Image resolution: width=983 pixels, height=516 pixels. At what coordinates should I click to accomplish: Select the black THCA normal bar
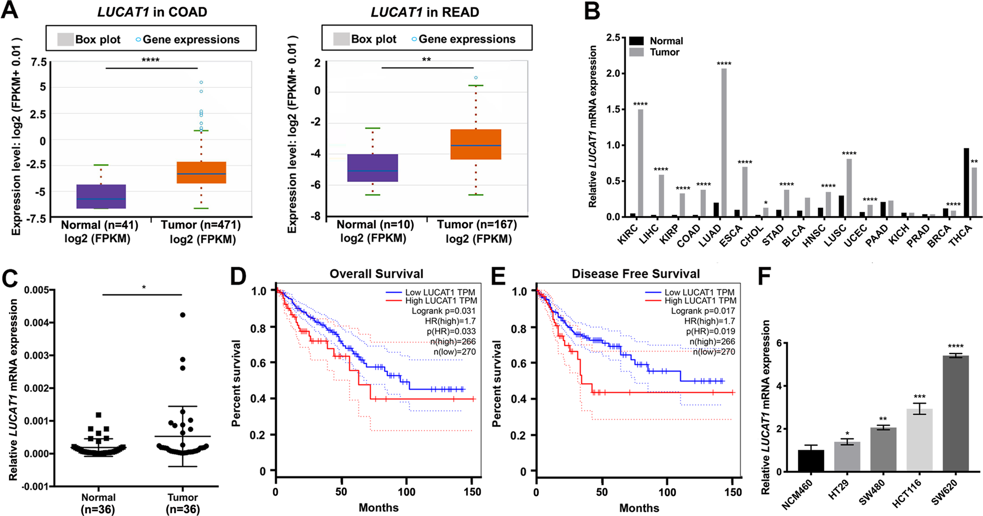point(966,182)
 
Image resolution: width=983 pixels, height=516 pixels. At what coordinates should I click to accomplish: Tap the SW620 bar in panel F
point(956,414)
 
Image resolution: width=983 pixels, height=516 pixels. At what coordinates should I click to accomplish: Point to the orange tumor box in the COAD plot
point(201,173)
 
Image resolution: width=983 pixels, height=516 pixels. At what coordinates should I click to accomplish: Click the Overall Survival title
point(376,274)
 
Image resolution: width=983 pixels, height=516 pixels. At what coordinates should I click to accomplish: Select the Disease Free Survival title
point(636,274)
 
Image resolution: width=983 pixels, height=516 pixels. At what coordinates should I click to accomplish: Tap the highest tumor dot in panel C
point(183,315)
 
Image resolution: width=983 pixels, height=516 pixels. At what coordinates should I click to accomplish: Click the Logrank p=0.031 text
point(443,311)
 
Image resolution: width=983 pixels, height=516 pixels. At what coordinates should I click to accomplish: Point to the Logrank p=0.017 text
point(703,311)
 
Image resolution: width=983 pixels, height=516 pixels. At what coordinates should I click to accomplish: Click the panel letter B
point(592,11)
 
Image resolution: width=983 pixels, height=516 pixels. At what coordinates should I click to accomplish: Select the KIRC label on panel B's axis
point(628,235)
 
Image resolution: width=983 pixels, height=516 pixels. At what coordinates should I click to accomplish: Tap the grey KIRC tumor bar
point(640,163)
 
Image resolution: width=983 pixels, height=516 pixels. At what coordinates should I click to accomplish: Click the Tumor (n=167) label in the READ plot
point(477,225)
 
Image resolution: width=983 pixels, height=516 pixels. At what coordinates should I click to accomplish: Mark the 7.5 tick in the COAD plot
point(38,62)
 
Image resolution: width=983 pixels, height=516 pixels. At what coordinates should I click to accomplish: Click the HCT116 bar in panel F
point(919,440)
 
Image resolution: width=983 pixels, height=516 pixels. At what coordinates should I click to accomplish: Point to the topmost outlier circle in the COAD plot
point(201,82)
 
